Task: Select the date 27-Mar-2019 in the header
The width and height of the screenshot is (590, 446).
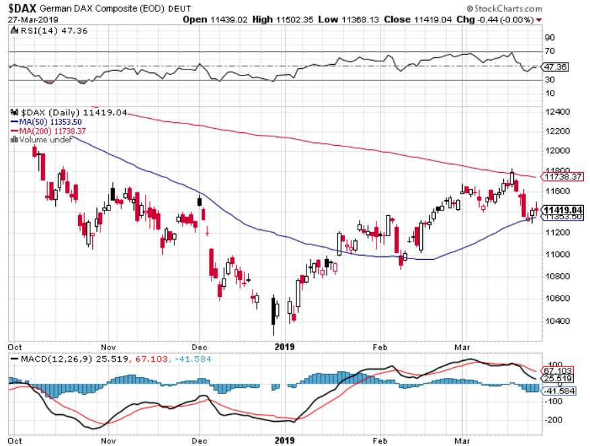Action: (32, 19)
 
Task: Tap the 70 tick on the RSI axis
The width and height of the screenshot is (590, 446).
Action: (550, 51)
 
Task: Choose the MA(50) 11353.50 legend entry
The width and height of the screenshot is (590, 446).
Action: (46, 121)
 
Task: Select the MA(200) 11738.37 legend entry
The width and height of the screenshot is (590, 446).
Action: (48, 130)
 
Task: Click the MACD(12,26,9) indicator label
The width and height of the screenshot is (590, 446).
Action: (39, 358)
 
